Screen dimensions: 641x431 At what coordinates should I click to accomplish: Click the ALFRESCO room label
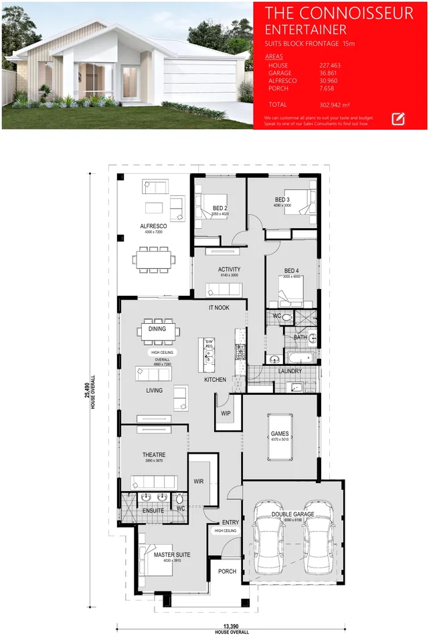[x=153, y=226]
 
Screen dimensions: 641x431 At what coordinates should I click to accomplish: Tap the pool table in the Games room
[x=279, y=441]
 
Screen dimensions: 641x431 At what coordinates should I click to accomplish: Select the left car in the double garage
[x=268, y=543]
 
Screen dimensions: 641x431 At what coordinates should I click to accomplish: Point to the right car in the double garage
[x=317, y=543]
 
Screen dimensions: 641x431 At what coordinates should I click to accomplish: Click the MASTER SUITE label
[x=172, y=555]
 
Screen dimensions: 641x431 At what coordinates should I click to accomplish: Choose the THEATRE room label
[x=153, y=454]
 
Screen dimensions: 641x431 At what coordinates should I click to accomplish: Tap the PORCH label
[x=227, y=571]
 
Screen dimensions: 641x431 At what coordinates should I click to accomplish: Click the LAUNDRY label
[x=290, y=371]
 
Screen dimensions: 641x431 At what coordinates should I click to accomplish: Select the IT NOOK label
[x=219, y=307]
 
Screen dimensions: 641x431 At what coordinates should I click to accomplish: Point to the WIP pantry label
[x=226, y=414]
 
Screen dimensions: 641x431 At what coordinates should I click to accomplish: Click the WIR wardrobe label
[x=198, y=481]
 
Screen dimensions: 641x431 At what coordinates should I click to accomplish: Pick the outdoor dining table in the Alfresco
[x=153, y=258]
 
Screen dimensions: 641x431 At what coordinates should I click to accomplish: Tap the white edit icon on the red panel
[x=398, y=118]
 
